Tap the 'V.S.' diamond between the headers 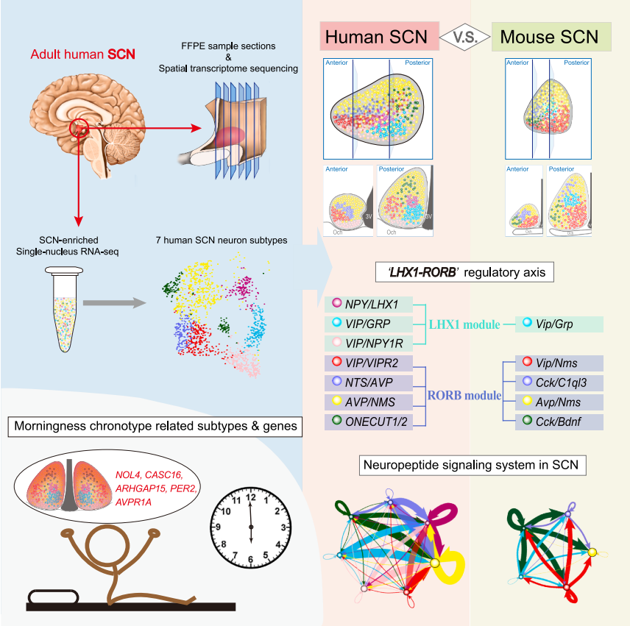464,35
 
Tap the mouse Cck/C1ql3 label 559,383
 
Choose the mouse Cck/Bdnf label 559,422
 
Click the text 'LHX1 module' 464,324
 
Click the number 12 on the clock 251,497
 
